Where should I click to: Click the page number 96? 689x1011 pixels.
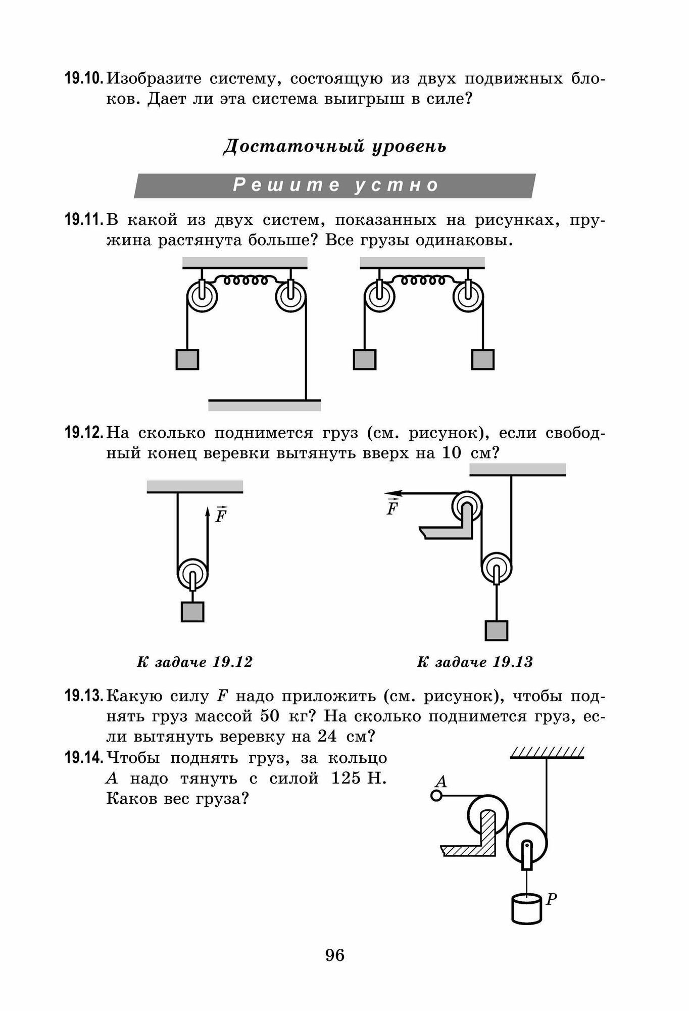(x=335, y=955)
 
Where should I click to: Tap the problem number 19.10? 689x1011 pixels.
(x=84, y=79)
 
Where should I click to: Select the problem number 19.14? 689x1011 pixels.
(x=84, y=758)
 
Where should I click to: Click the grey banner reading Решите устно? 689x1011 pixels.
(x=335, y=186)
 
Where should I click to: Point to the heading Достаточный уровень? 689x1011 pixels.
(x=335, y=147)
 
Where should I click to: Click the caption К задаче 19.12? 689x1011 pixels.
(x=194, y=662)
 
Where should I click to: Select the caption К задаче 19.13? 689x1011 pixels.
(x=475, y=662)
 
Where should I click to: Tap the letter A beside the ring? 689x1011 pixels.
(x=441, y=782)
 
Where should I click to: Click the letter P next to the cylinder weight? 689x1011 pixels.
(x=552, y=899)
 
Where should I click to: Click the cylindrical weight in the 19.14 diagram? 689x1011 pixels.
(x=526, y=908)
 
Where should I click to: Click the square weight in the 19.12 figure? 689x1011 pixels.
(x=192, y=612)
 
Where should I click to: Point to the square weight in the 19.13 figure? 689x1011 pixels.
(x=497, y=630)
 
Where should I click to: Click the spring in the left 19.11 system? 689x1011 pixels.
(x=246, y=280)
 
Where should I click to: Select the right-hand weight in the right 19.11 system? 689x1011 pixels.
(x=482, y=359)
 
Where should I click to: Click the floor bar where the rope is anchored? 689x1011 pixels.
(x=265, y=405)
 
